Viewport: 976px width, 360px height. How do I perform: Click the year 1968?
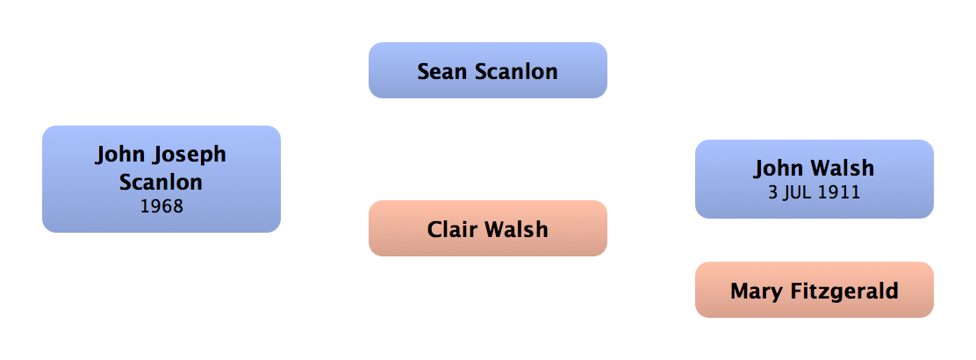tap(161, 208)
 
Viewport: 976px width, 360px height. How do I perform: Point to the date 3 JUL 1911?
tap(814, 192)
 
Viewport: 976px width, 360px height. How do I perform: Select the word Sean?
tap(442, 71)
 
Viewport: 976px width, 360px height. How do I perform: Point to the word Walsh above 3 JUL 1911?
tap(844, 168)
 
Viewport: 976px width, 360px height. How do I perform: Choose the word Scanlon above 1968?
tap(161, 183)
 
